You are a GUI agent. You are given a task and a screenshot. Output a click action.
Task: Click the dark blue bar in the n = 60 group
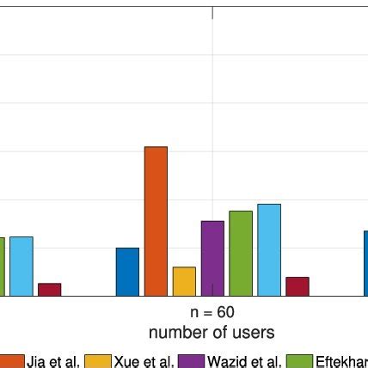point(127,272)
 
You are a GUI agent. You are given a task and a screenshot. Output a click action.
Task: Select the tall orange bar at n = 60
point(156,221)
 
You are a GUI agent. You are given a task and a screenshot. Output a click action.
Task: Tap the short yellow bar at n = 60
point(184,281)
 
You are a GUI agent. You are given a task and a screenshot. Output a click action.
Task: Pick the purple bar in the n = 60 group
point(212,258)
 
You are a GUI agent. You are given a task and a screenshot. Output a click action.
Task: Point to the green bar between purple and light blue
point(241,253)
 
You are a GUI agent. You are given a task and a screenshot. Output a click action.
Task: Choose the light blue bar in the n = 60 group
point(269,249)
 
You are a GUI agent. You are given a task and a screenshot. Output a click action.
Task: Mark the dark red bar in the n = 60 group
point(297,286)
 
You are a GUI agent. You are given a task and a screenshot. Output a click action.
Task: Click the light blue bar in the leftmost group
point(21,266)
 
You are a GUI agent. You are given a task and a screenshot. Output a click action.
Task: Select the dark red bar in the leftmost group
point(50,289)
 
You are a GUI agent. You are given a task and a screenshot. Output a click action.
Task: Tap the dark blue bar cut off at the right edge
point(365,263)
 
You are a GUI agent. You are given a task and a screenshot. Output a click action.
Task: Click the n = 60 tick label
point(212,313)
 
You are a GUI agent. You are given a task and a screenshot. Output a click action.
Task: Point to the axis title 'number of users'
point(212,332)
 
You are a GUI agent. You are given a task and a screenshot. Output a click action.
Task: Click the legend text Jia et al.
point(52,361)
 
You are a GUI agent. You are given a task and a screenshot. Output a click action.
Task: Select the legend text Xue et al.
point(144,361)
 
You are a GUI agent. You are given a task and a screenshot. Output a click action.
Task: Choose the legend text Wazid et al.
point(244,361)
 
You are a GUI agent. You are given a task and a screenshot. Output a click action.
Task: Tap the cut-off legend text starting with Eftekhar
point(341,361)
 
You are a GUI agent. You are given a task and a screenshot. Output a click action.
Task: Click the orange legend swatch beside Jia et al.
point(11,361)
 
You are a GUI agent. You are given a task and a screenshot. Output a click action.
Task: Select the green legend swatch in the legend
point(299,361)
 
